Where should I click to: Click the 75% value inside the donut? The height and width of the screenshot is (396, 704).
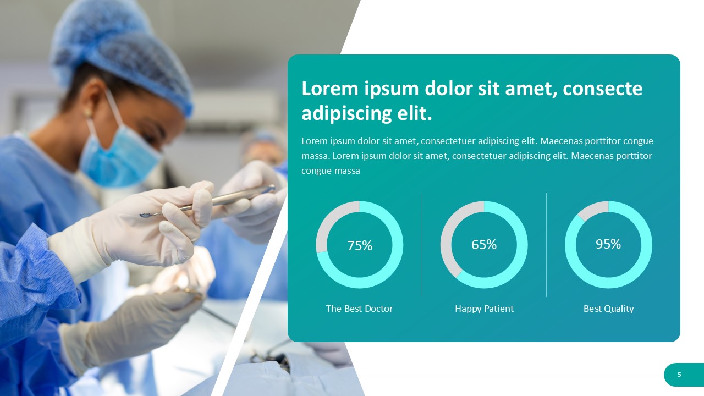click(x=360, y=245)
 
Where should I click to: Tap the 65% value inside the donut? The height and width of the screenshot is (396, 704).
click(x=484, y=245)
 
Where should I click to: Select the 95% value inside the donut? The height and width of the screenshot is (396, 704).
click(x=608, y=244)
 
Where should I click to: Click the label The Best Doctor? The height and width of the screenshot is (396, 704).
click(x=359, y=309)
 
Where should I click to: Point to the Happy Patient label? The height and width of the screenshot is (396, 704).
click(x=484, y=309)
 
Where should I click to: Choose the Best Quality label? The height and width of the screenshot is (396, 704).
click(x=608, y=309)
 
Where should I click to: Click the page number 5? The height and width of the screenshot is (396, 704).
click(x=679, y=375)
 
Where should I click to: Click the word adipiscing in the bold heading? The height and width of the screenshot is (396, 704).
click(x=346, y=113)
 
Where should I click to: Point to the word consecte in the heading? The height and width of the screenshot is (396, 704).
click(x=602, y=89)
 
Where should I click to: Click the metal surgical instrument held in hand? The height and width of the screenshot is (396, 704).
click(x=207, y=201)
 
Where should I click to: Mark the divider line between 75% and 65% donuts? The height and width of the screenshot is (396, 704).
click(x=422, y=245)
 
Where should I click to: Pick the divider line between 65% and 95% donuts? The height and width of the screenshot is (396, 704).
click(x=546, y=245)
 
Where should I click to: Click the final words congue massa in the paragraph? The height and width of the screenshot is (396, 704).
click(x=331, y=171)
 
